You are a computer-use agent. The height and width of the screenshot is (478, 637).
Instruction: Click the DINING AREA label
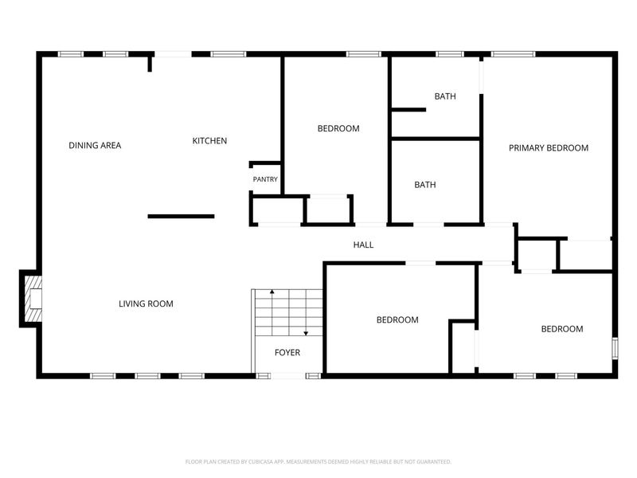tap(95, 146)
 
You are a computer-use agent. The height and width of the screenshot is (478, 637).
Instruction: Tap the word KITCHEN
tap(209, 141)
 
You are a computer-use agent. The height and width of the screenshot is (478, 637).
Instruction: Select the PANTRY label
tap(265, 179)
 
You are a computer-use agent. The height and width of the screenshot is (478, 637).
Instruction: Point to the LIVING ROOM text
tap(146, 304)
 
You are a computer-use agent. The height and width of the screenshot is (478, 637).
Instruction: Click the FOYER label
tap(287, 353)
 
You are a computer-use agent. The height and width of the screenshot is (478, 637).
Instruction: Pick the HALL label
tap(363, 245)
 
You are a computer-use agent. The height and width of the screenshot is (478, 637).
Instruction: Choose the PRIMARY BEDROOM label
tap(549, 148)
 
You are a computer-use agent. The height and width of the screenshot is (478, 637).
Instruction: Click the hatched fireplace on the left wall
tap(33, 299)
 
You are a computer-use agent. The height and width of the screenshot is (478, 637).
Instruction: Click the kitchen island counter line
tap(182, 216)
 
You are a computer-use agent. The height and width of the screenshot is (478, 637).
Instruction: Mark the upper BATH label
tap(445, 96)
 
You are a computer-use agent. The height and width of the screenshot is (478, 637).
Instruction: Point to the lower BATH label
tap(425, 185)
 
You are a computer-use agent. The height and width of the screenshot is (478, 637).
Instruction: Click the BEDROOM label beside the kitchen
tap(338, 129)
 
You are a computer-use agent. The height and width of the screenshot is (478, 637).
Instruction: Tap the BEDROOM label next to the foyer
tap(397, 320)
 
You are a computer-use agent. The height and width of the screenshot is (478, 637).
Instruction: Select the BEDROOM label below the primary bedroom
tap(562, 329)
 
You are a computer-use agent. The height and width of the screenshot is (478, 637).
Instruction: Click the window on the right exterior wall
tap(615, 348)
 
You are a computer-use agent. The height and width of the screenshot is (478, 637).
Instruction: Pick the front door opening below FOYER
tap(287, 376)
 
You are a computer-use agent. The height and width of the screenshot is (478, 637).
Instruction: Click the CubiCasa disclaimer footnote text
tap(318, 462)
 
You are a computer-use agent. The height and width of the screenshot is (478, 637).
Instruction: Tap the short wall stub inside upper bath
tap(408, 110)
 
